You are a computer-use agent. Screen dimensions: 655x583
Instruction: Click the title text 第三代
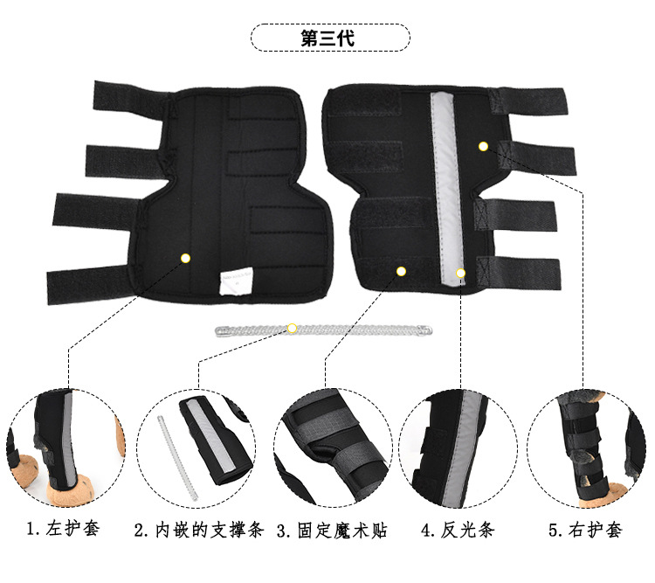coord(328,38)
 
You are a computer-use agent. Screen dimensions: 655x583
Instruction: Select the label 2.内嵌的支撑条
coord(198,530)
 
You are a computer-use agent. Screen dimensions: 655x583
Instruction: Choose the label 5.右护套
coord(585,530)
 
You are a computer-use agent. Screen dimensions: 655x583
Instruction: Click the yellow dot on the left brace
coord(185,258)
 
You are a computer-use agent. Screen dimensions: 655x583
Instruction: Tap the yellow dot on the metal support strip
coord(293,329)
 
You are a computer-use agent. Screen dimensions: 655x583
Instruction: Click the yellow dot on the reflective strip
coord(461,274)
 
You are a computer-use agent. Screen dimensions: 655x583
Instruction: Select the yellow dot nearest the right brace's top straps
coord(483,146)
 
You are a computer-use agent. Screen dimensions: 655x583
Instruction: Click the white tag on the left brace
coord(235,281)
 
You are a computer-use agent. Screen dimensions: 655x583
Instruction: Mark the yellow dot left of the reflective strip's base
coord(402,271)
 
